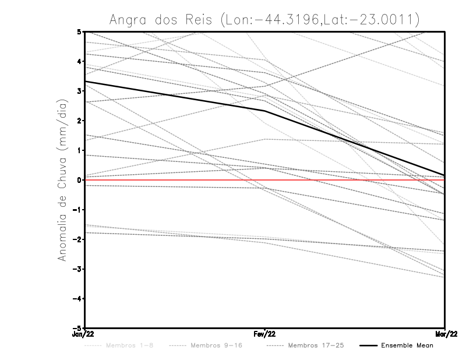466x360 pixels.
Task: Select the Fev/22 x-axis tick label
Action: point(265,334)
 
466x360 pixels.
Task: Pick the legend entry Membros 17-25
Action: point(316,345)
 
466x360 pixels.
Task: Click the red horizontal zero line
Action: point(175,180)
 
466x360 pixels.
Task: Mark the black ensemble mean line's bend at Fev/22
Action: point(265,111)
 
